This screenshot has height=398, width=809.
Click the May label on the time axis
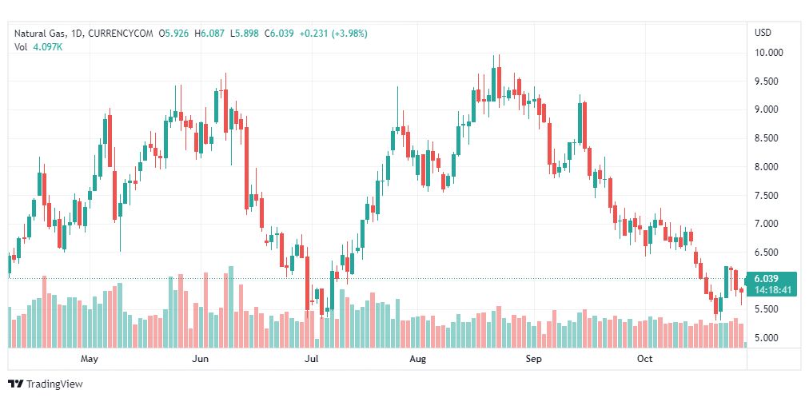[x=90, y=359]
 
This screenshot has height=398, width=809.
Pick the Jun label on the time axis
[x=201, y=359]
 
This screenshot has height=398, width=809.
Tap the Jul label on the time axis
[x=312, y=359]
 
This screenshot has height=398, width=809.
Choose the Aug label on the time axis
[x=416, y=359]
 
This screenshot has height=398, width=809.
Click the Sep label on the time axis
[x=534, y=359]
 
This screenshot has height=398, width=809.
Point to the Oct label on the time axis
[x=645, y=359]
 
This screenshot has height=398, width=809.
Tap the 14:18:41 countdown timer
[x=771, y=290]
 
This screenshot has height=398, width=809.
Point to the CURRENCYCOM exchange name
[x=120, y=33]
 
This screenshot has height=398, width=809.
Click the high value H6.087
[x=212, y=33]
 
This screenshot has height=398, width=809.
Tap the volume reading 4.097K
[x=48, y=46]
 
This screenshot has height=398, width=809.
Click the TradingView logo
[x=46, y=384]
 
